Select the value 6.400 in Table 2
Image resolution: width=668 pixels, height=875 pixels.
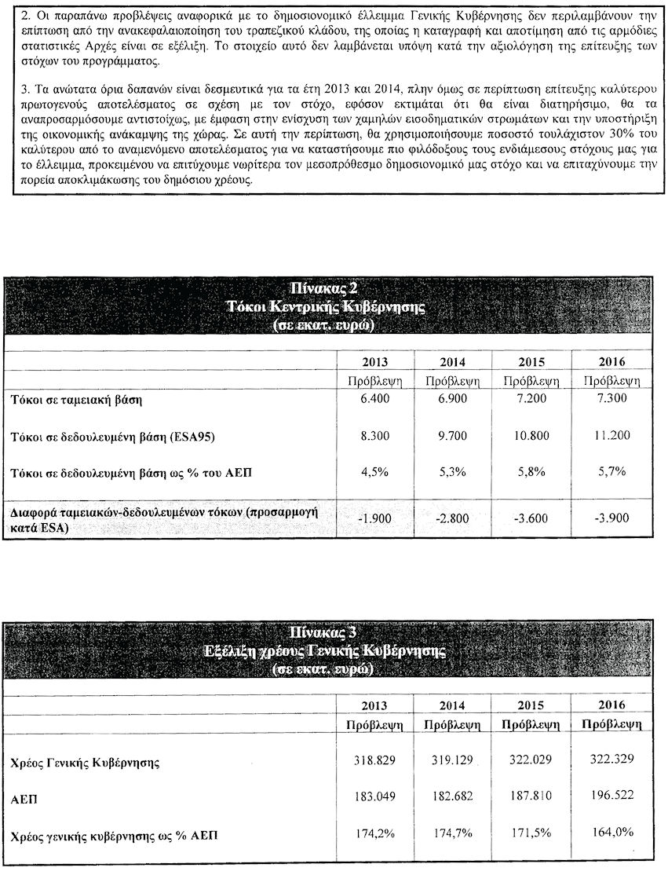(x=374, y=401)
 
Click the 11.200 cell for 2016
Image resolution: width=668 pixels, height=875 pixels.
(x=611, y=435)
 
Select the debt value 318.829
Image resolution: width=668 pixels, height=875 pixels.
(x=373, y=761)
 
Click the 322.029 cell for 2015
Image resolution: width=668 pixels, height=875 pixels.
(x=533, y=761)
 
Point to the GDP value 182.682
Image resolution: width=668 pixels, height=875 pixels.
(x=451, y=797)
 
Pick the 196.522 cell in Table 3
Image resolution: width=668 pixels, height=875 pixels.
(x=611, y=796)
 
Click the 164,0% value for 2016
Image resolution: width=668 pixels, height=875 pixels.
(x=612, y=832)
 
